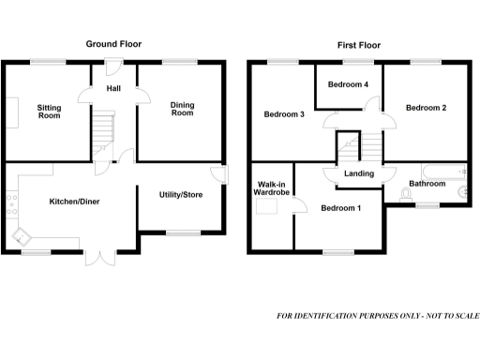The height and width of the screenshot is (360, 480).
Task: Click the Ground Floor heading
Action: point(113,44)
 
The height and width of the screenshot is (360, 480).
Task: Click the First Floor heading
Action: point(359,44)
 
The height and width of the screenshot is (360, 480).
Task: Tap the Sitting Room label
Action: point(49,112)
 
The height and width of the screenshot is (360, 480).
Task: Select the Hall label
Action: point(113,87)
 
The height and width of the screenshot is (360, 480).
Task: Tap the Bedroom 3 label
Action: point(283,114)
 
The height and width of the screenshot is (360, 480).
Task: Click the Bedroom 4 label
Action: point(348,84)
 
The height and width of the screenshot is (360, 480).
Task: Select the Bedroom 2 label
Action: point(426,108)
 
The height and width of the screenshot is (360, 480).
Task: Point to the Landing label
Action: point(359,173)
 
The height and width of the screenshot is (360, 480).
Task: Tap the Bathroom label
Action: point(427,184)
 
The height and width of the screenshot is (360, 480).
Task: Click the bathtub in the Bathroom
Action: point(443,172)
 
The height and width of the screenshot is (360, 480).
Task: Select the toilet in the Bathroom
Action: point(405,194)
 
